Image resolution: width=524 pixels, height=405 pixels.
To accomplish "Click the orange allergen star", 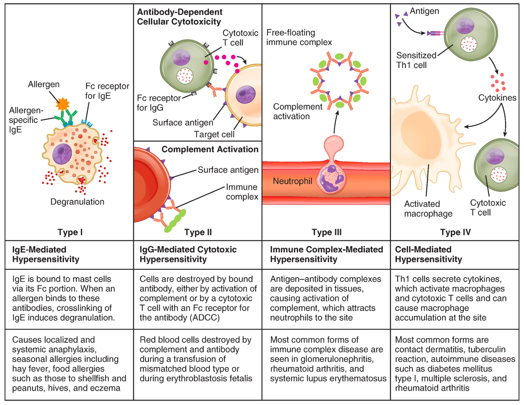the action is pyautogui.click(x=63, y=104).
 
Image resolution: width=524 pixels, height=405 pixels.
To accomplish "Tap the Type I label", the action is pyautogui.click(x=70, y=232).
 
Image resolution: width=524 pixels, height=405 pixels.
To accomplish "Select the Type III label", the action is pyautogui.click(x=327, y=232).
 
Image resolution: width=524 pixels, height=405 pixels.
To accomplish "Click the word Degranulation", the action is pyautogui.click(x=77, y=202).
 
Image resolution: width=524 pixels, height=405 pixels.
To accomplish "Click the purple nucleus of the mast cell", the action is pyautogui.click(x=62, y=154).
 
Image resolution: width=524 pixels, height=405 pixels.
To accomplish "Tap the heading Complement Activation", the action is pyautogui.click(x=210, y=149).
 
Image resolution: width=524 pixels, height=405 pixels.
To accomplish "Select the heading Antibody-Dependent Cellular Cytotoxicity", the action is pyautogui.click(x=180, y=17).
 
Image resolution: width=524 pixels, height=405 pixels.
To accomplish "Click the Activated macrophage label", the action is pyautogui.click(x=428, y=209).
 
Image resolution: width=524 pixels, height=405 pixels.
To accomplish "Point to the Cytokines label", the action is pyautogui.click(x=497, y=98).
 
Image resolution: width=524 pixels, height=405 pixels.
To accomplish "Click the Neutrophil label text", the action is pyautogui.click(x=292, y=181).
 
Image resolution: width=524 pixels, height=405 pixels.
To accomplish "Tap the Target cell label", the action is pyautogui.click(x=214, y=134).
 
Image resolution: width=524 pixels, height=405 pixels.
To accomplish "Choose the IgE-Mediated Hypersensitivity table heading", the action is pyautogui.click(x=46, y=254).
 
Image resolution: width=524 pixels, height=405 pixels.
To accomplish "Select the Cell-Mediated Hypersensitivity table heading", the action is pyautogui.click(x=428, y=254).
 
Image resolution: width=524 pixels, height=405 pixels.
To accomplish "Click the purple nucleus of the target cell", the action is pyautogui.click(x=246, y=95).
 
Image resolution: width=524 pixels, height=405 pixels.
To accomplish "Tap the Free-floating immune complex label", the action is pyautogui.click(x=299, y=37).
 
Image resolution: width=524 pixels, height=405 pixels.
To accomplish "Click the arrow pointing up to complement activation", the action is pyautogui.click(x=335, y=122).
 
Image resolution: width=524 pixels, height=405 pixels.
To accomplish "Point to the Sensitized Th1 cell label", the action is pyautogui.click(x=416, y=60).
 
